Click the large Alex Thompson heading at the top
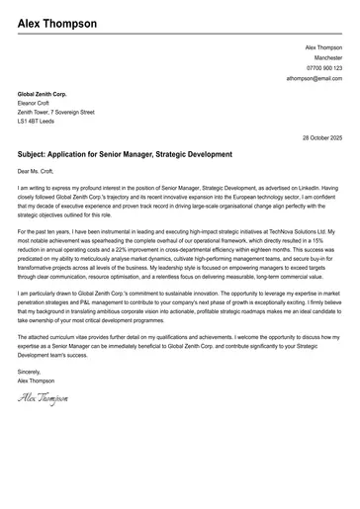coord(57,23)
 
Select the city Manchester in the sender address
coord(327,58)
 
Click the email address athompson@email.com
coord(314,79)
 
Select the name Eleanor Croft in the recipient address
coord(37,104)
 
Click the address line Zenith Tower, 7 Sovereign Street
coord(56,114)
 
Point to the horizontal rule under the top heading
coord(180,35)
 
